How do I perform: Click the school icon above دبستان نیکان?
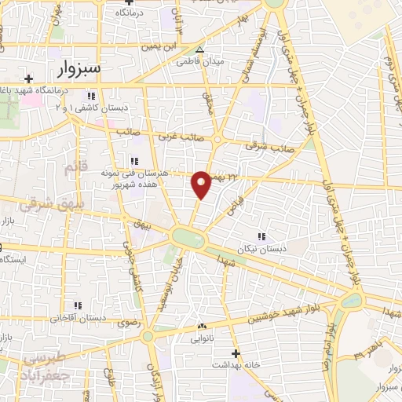tap(261, 235)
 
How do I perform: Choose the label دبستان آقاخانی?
tap(79, 319)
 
